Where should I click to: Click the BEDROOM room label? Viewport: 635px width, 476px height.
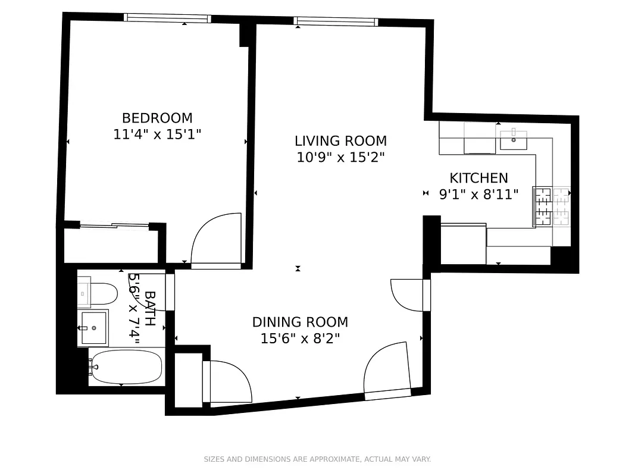tap(157, 118)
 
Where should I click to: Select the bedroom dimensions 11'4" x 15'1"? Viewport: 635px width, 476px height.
tap(157, 134)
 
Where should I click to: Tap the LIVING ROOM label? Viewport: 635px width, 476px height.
tap(340, 141)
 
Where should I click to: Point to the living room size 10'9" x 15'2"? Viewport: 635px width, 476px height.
tap(340, 158)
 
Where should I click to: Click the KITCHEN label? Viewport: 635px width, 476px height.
tap(478, 178)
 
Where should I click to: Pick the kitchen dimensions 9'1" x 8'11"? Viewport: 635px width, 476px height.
tap(478, 194)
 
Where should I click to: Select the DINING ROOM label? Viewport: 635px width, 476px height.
tap(300, 322)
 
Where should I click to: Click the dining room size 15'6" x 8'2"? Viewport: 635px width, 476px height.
tap(300, 339)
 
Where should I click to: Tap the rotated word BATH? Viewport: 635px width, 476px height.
tap(150, 308)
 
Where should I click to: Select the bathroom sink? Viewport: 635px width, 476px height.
tap(94, 327)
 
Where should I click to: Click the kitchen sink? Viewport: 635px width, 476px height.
tap(513, 139)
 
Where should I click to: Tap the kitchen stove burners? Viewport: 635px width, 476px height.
tap(552, 206)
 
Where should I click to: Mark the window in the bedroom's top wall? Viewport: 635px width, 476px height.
tap(167, 18)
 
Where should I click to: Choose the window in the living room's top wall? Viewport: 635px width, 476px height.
tap(336, 22)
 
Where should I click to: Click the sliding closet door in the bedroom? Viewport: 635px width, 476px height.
tap(114, 225)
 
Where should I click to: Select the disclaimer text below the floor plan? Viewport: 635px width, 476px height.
tap(317, 459)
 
